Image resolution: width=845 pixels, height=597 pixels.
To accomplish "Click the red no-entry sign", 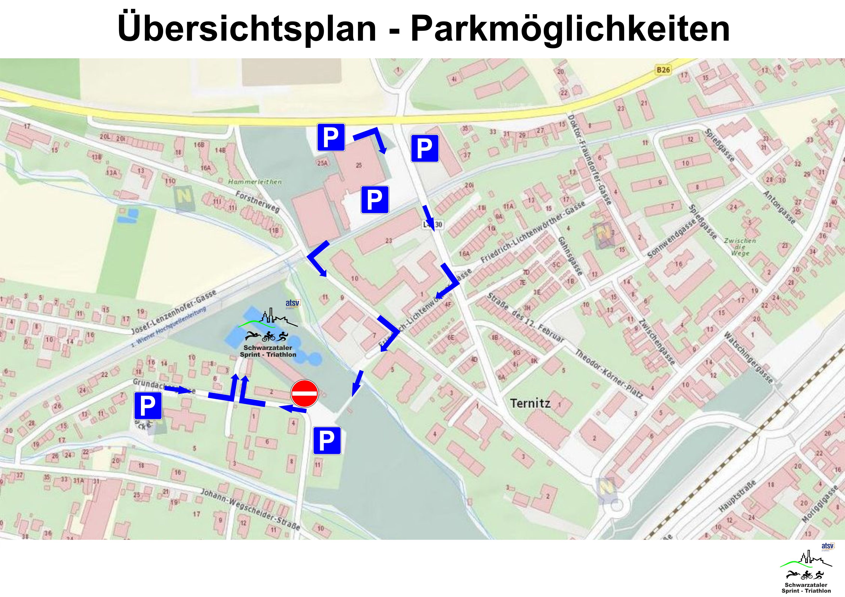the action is click(304, 393).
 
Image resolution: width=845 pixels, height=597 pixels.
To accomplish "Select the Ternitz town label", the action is click(530, 403).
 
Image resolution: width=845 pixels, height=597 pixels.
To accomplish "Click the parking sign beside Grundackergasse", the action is click(148, 406).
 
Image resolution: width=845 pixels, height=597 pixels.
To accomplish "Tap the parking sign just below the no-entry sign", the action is click(327, 440).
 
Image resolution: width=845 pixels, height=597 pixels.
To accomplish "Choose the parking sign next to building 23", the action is click(375, 200).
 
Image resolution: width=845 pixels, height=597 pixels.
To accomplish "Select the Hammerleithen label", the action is click(255, 182).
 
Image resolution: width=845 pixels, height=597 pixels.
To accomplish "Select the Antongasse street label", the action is click(779, 207).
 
